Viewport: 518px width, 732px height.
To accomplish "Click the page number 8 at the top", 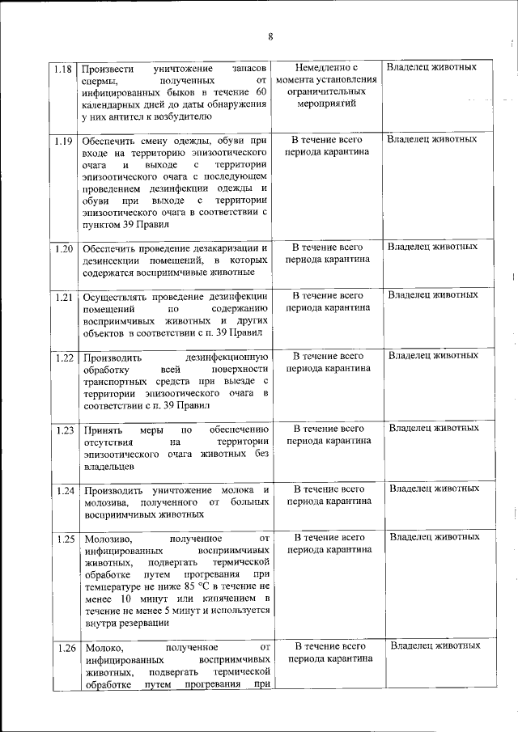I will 270,36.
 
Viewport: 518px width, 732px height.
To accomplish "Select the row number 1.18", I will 64,68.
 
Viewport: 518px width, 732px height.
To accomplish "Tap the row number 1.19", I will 64,141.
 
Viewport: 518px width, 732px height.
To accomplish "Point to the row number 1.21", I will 64,297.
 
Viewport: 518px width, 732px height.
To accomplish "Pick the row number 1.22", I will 64,357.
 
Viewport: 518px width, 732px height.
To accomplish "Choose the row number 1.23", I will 64,429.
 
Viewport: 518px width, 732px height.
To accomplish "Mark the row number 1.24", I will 64,490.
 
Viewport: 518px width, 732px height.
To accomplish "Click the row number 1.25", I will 64,538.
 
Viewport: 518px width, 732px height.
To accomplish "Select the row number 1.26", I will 64,648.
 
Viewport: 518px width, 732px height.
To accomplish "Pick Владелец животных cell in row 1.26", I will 435,646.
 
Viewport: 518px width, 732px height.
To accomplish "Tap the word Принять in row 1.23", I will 100,429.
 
